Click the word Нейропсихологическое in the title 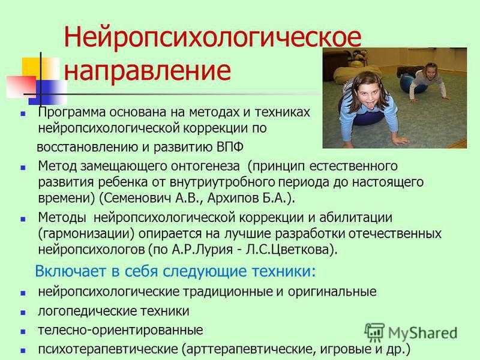click(212, 37)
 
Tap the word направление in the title click(147, 71)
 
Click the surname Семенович click(137, 198)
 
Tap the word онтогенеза click(205, 166)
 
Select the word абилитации click(356, 218)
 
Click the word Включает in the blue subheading click(70, 271)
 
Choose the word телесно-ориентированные click(121, 331)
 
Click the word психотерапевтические click(108, 349)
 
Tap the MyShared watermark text click(423, 333)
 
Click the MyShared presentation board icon click(374, 332)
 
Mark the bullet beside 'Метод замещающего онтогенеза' click(23, 167)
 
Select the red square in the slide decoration click(22, 86)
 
